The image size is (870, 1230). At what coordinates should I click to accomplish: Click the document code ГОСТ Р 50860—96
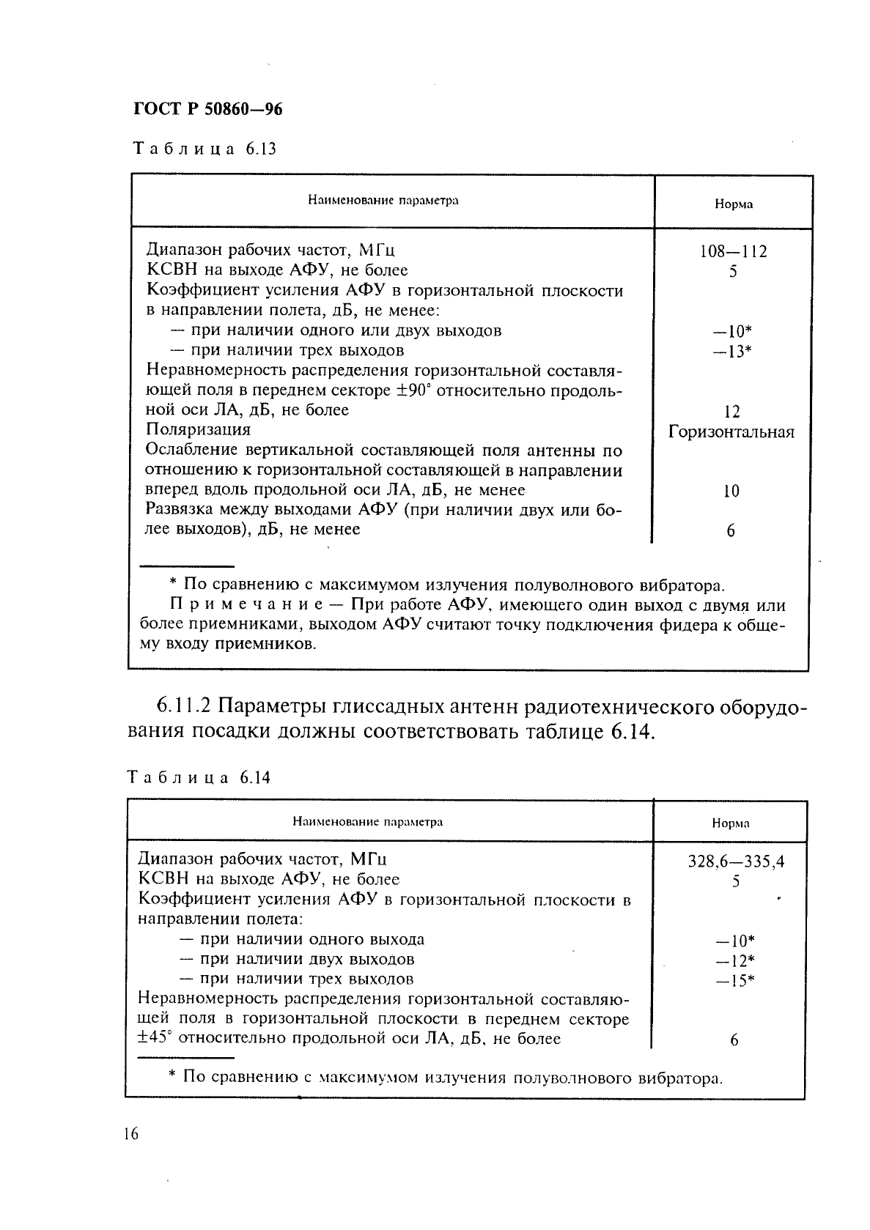point(208,109)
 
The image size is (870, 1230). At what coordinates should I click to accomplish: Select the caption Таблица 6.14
point(199,777)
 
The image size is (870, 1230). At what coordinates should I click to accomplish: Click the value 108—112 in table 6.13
point(733,252)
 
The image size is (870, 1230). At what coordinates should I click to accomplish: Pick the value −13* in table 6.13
point(734,352)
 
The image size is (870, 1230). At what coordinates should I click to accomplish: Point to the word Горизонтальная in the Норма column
point(731,432)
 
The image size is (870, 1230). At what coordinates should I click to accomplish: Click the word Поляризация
point(198,429)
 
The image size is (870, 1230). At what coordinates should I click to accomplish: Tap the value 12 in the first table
point(731,412)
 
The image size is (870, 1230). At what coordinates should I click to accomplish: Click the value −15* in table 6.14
point(734,981)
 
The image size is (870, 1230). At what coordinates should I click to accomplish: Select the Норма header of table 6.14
point(730,823)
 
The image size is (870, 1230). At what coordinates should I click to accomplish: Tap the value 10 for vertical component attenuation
point(731,492)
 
